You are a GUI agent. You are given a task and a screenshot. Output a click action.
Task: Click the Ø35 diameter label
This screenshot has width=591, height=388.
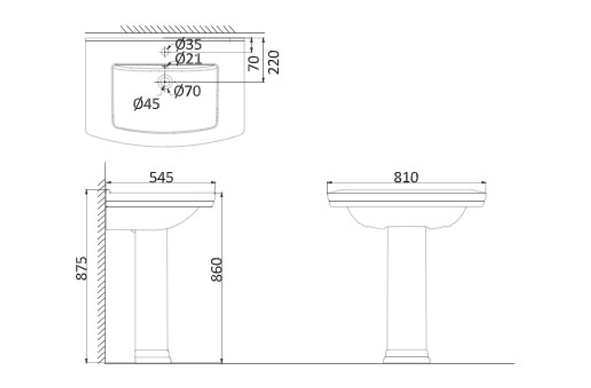pyautogui.click(x=188, y=44)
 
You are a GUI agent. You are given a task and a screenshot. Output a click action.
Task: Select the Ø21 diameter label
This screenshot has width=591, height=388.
pyautogui.click(x=188, y=59)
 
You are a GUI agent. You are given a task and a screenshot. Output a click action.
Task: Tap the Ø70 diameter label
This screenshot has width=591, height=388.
pyautogui.click(x=187, y=91)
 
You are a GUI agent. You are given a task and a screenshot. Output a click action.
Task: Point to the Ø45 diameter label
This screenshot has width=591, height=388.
pyautogui.click(x=146, y=103)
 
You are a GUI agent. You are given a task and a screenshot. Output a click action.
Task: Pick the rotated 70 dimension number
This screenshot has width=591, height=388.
pyautogui.click(x=254, y=63)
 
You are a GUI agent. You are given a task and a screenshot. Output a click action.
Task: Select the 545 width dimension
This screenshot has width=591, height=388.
pyautogui.click(x=161, y=177)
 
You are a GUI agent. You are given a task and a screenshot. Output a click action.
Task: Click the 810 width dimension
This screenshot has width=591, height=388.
pyautogui.click(x=406, y=177)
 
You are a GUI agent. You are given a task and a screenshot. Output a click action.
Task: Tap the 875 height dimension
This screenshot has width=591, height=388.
pyautogui.click(x=82, y=268)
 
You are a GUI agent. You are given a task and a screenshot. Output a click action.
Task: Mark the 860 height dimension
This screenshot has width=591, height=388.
pyautogui.click(x=217, y=269)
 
